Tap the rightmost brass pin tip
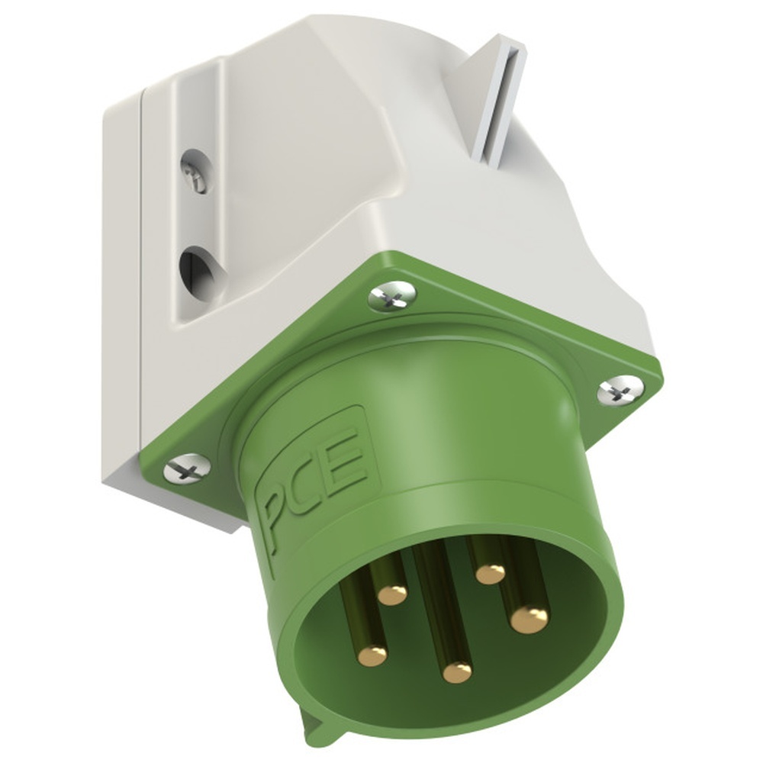coord(529,618)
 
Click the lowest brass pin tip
coord(457,671)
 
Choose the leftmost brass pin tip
coord(374,655)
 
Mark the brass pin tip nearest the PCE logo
coord(392,593)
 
